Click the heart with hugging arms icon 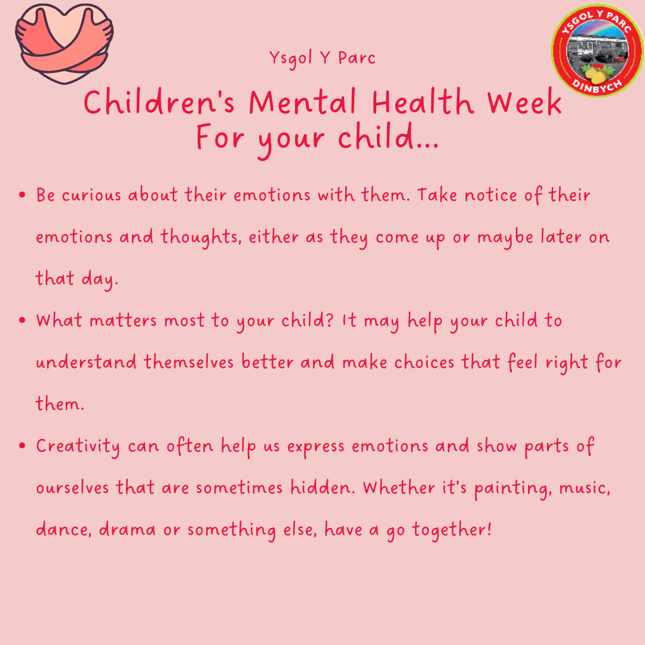(64, 44)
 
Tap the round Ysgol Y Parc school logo (598, 50)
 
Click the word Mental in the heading (302, 102)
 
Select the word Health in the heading (423, 102)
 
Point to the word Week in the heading (524, 102)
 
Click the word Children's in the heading (159, 102)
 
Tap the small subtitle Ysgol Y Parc (322, 59)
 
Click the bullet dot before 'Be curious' (22, 195)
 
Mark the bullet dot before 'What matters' (22, 320)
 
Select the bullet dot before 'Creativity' (22, 446)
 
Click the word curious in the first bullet (91, 195)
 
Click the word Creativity (78, 447)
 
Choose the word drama (128, 529)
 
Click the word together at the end (451, 530)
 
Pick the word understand (86, 362)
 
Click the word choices (424, 362)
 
